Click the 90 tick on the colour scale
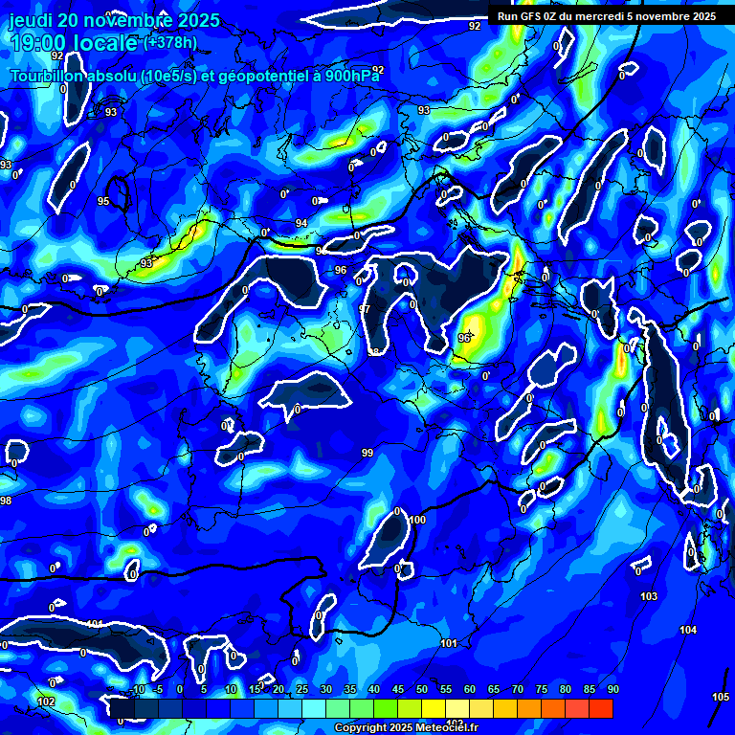612,690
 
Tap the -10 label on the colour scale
138,690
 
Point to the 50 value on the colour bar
422,690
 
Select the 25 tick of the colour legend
302,690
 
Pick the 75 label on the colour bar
542,690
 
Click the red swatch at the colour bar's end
601,708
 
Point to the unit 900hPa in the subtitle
346,76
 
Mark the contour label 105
721,697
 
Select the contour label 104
688,630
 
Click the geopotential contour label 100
416,520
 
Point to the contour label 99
367,453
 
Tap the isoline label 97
365,309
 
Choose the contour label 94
301,223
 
